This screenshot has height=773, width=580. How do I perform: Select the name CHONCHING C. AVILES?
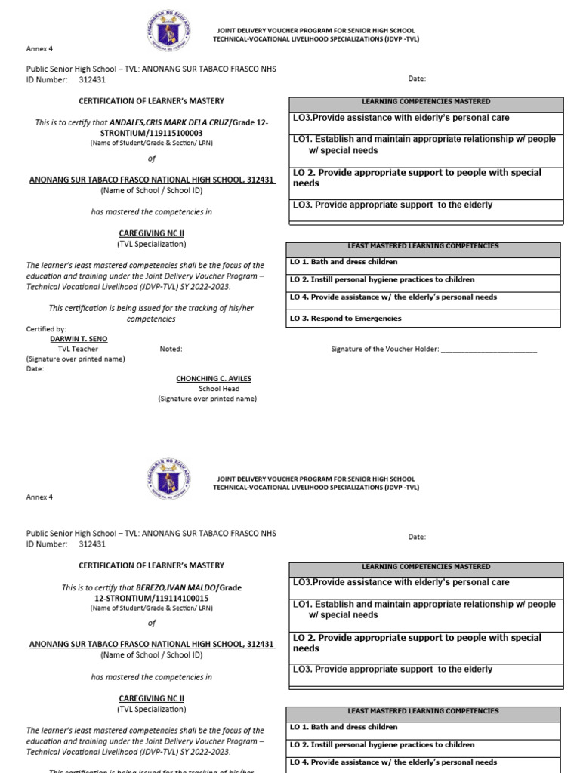[x=214, y=378]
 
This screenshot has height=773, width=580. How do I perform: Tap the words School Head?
[x=218, y=389]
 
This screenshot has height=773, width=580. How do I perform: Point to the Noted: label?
[x=171, y=349]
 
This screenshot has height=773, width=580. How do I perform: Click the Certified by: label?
[x=46, y=329]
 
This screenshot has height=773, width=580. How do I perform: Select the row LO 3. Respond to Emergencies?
[x=424, y=319]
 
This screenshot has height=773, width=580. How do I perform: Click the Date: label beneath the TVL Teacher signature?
[x=35, y=369]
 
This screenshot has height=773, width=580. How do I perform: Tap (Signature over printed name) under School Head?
[x=207, y=399]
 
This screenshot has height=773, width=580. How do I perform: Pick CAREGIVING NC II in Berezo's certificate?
[x=151, y=699]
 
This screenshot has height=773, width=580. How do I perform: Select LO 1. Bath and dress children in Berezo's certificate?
[x=424, y=728]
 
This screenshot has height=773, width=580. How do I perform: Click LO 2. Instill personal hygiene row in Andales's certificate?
[x=424, y=279]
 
